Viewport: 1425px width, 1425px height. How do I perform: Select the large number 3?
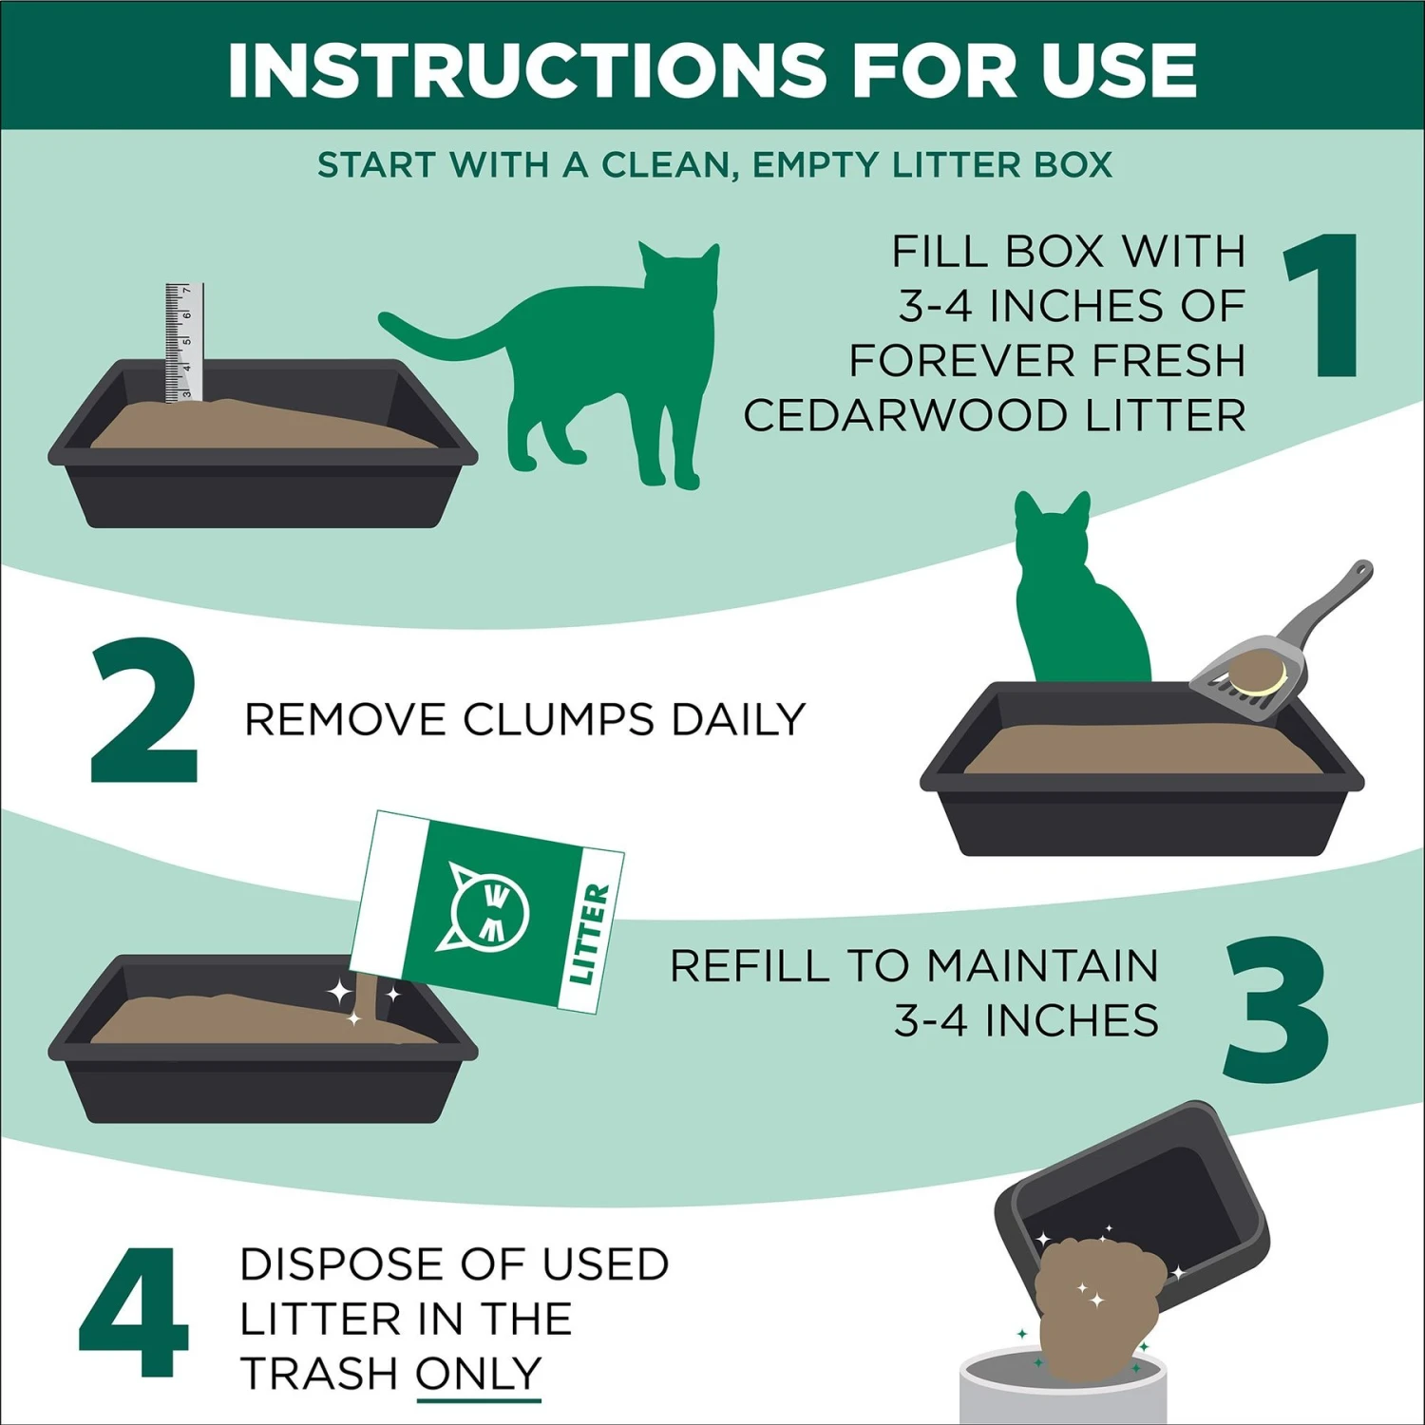click(1275, 1009)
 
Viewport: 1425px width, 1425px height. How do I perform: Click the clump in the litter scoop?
click(1256, 675)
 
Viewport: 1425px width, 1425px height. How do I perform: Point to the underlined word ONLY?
click(478, 1374)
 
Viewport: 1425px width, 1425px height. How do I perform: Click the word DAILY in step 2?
click(738, 719)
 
